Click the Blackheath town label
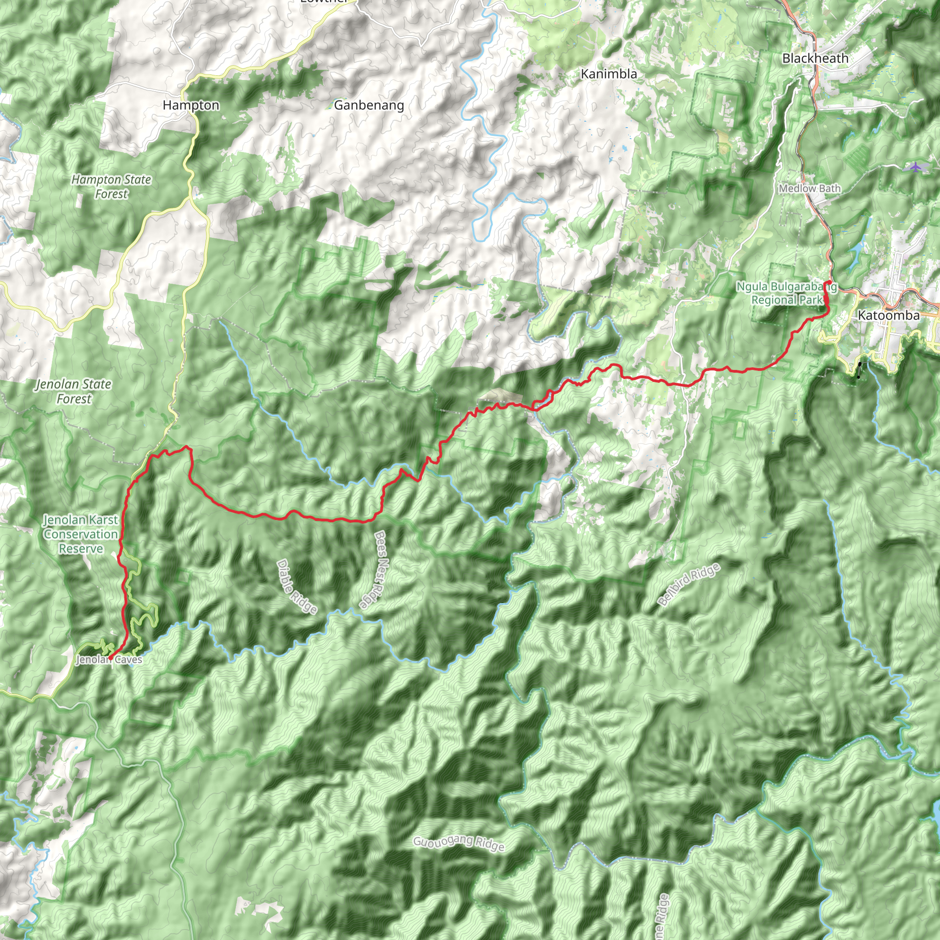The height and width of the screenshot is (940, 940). click(815, 58)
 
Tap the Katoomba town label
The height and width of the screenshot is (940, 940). click(889, 315)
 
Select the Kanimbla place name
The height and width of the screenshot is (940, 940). click(609, 74)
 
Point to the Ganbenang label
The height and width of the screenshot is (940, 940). click(369, 105)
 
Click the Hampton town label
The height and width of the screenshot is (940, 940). click(191, 105)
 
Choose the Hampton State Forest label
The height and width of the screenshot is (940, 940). click(112, 187)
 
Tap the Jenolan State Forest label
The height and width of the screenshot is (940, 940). click(74, 391)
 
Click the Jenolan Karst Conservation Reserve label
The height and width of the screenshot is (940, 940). click(81, 534)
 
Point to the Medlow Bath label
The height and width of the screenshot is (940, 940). click(810, 188)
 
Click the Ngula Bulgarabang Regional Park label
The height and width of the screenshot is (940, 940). click(786, 293)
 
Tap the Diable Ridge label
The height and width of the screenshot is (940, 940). click(297, 587)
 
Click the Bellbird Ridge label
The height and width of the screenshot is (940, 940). click(688, 584)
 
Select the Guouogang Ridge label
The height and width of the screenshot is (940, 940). click(459, 843)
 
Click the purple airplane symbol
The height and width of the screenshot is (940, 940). click(916, 167)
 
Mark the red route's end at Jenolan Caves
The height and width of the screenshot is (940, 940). click(111, 658)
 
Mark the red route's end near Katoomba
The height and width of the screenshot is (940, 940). click(828, 282)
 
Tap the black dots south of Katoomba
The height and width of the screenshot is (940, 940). click(859, 370)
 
